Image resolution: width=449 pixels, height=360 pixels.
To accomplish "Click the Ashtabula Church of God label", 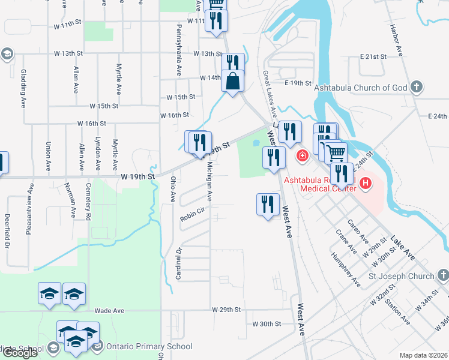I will (364, 88).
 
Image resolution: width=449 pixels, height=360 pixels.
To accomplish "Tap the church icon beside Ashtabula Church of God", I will (417, 88).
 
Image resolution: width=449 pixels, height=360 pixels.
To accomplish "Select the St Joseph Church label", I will (401, 276).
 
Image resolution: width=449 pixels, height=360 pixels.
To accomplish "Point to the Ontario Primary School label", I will (149, 346).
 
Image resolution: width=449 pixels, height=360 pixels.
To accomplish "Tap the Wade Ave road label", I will (109, 311).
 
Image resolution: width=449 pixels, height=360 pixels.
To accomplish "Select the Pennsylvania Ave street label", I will (178, 50).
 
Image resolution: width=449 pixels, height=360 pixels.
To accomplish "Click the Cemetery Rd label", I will (88, 200).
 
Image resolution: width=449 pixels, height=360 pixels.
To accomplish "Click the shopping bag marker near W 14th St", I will (232, 80).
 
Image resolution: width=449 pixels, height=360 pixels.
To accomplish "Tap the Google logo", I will (19, 353).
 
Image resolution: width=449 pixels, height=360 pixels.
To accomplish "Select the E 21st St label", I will (373, 56).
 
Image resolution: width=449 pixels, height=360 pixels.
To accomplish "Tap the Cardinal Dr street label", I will (178, 263).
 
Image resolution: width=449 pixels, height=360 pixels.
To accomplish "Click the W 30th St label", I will (267, 324).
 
